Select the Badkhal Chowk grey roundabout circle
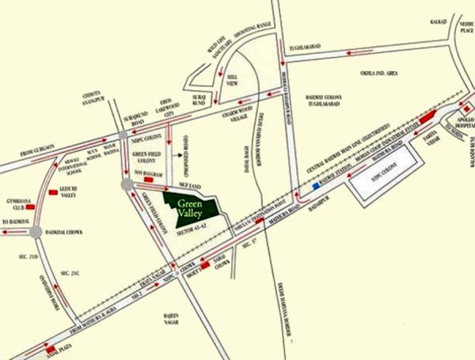[35, 232]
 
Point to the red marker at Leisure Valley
[52, 191]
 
